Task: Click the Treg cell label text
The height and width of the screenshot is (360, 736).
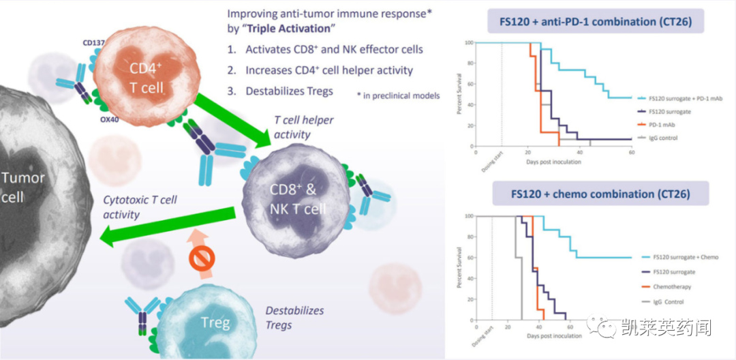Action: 215,322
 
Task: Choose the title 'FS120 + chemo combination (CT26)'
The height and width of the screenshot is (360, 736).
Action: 600,194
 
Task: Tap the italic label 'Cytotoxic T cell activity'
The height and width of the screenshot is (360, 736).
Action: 140,207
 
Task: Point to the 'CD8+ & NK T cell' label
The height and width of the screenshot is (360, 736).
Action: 288,198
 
